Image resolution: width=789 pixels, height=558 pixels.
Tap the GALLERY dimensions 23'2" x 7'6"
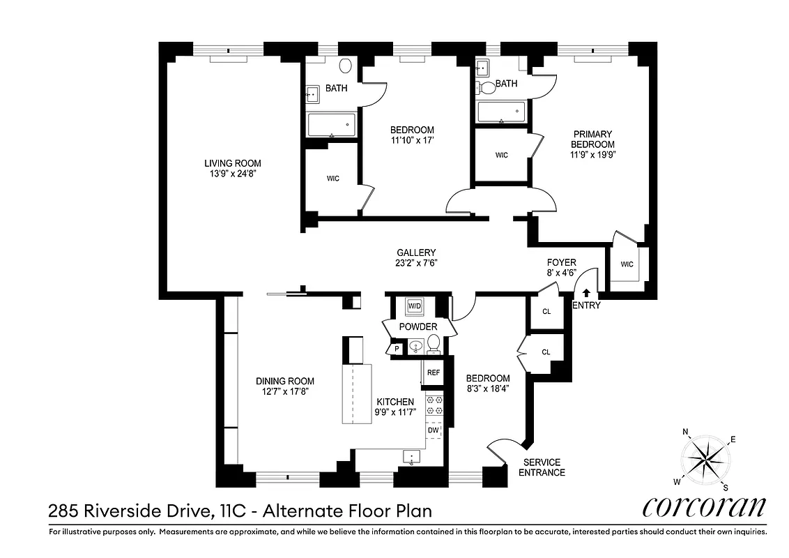pos(417,263)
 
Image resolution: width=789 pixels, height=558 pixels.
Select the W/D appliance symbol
pos(415,306)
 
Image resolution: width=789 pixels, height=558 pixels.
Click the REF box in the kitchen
pos(433,372)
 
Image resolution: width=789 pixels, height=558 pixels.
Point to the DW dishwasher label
pos(433,430)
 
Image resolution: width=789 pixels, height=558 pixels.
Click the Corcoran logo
pos(703,506)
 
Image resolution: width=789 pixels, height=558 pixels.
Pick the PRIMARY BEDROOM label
pos(592,139)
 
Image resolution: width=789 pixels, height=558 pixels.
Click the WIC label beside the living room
pos(333,179)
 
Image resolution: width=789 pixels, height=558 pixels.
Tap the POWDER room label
pos(418,326)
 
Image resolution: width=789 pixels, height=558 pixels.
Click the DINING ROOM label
pos(284,381)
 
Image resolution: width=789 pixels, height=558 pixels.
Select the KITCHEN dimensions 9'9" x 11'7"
pos(395,412)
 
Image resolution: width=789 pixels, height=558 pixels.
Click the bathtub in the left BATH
pos(332,126)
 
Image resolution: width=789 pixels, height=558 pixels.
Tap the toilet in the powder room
pos(433,343)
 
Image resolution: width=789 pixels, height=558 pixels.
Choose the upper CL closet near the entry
pos(546,311)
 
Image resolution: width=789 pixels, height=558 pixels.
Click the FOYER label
pos(561,262)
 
